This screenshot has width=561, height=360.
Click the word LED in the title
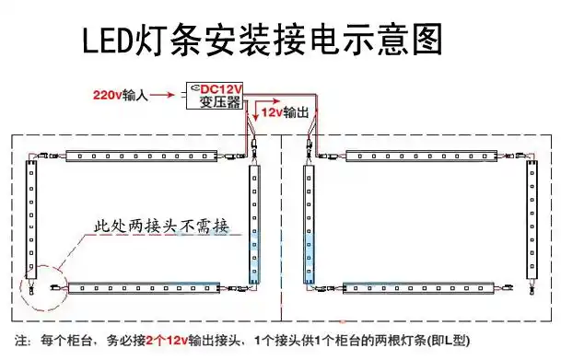[x=106, y=41]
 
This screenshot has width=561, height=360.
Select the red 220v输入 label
[x=120, y=94]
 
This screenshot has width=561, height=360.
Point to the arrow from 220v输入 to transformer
[x=165, y=94]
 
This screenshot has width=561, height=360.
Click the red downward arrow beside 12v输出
[x=255, y=111]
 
